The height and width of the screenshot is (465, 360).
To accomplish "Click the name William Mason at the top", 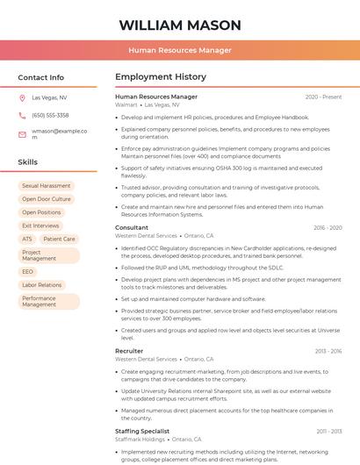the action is pos(180,25).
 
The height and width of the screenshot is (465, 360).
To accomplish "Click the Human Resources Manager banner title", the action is pos(180,50).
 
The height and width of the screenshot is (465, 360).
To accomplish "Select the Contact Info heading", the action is pos(40,77).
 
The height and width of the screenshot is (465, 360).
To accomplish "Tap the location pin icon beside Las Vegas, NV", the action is pos(22,98).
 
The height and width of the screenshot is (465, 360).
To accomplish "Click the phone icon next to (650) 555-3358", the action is pos(22,115).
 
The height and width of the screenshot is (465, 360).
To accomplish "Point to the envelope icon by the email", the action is pos(22,133).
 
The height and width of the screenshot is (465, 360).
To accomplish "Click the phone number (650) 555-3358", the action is pos(50,115).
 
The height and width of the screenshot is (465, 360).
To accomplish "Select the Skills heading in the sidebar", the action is pos(27,162).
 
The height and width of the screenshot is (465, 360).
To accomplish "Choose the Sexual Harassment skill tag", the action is pos(46,186).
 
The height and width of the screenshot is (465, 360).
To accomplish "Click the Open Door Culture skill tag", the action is pos(46,199).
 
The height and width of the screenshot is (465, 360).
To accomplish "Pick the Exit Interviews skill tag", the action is pos(40,225).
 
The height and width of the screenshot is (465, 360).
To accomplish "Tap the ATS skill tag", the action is pos(26,239).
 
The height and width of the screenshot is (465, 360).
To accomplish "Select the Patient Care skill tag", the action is pos(59,239).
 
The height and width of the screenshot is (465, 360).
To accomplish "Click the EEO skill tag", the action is pos(27,272).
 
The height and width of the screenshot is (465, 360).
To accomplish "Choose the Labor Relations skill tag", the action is pos(41,285).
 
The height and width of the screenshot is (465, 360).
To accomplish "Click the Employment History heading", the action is pos(161,77).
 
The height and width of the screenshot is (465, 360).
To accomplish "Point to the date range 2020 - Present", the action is pos(323,97).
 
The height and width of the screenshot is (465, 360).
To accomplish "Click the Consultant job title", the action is pos(132,227).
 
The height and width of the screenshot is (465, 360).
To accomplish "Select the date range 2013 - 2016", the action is pos(328,351).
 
